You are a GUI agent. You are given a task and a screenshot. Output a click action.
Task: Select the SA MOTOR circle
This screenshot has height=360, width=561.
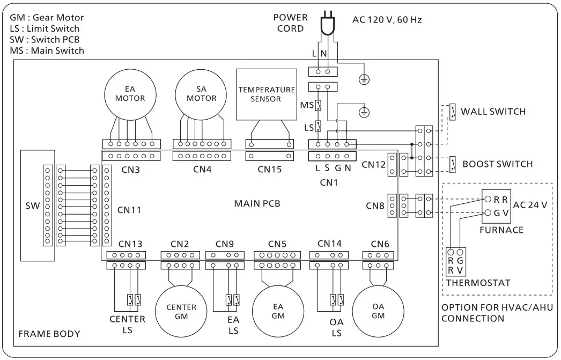pyautogui.click(x=202, y=94)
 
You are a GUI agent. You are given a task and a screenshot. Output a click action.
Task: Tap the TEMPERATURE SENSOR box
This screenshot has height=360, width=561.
pyautogui.click(x=267, y=94)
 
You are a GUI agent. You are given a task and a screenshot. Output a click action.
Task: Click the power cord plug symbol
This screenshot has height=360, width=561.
pyautogui.click(x=324, y=25)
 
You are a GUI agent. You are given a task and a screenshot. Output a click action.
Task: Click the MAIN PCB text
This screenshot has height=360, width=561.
pyautogui.click(x=257, y=203)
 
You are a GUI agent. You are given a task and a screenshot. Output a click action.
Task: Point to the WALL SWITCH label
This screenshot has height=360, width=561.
pyautogui.click(x=493, y=112)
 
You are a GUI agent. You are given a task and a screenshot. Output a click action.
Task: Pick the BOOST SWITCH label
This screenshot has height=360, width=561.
pyautogui.click(x=497, y=164)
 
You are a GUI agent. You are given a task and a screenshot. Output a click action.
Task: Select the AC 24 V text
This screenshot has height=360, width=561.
pyautogui.click(x=530, y=205)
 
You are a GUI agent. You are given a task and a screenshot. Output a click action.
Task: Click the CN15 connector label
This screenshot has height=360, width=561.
pyautogui.click(x=270, y=170)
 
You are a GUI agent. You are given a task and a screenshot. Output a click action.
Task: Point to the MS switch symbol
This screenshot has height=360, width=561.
pyautogui.click(x=318, y=105)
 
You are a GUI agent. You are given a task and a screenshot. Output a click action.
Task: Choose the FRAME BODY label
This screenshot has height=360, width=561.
pyautogui.click(x=49, y=334)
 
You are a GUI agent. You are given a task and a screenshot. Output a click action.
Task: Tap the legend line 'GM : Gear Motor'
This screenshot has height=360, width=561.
pyautogui.click(x=47, y=18)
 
